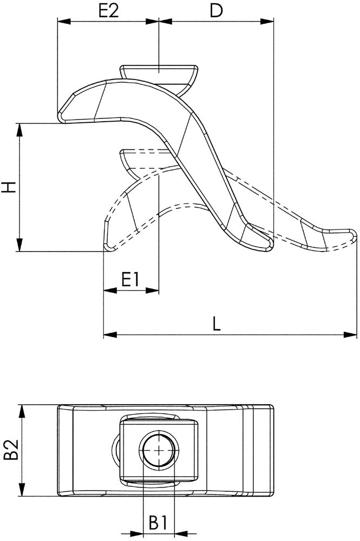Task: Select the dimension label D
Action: pyautogui.click(x=215, y=10)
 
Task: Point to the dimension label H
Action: pyautogui.click(x=8, y=188)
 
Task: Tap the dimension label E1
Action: pyautogui.click(x=131, y=279)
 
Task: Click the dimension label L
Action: pyautogui.click(x=216, y=324)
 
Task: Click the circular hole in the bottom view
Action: pyautogui.click(x=158, y=450)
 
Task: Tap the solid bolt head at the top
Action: pyautogui.click(x=159, y=74)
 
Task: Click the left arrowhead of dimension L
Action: pyautogui.click(x=110, y=335)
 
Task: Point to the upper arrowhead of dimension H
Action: pyautogui.click(x=19, y=130)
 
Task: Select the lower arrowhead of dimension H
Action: pyautogui.click(x=19, y=245)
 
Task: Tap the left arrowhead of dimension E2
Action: pyautogui.click(x=64, y=22)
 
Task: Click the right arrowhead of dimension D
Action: pyautogui.click(x=267, y=22)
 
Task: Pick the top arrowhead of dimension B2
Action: pyautogui.click(x=22, y=411)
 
